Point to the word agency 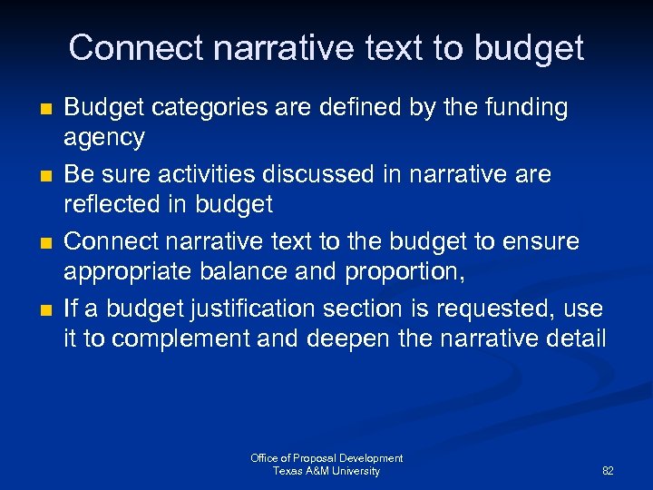pos(103,137)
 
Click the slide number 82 pos(608,472)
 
